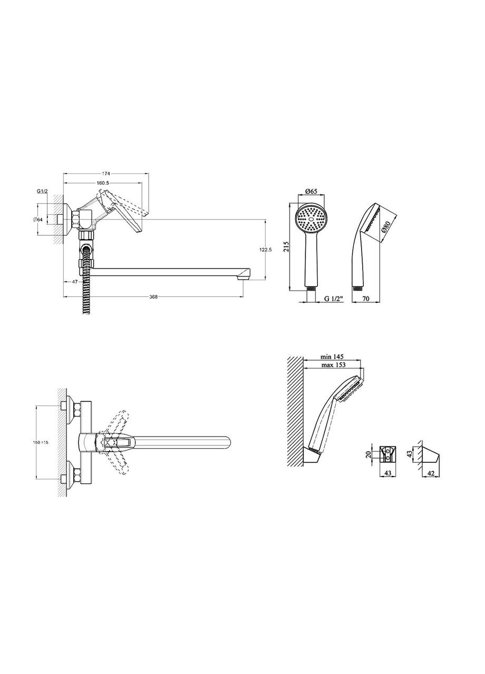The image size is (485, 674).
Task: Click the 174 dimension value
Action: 106,173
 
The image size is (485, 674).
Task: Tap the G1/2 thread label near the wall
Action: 42,191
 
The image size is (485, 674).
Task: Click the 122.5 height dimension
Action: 265,250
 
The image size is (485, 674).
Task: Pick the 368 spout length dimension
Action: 153,296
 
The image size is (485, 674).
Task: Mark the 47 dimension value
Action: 75,282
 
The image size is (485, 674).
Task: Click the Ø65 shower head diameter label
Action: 311,191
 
